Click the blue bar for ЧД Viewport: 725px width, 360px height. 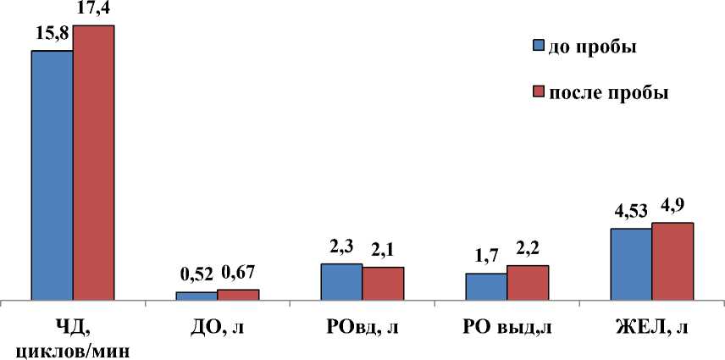52,174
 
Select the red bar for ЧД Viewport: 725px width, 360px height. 93,162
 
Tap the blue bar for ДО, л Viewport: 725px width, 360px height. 196,296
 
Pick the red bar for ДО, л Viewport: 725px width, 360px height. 238,294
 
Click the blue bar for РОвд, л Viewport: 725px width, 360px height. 341,281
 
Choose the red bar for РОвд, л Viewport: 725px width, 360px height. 383,283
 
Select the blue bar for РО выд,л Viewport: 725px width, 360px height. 486,286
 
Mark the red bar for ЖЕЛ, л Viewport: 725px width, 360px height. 672,261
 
